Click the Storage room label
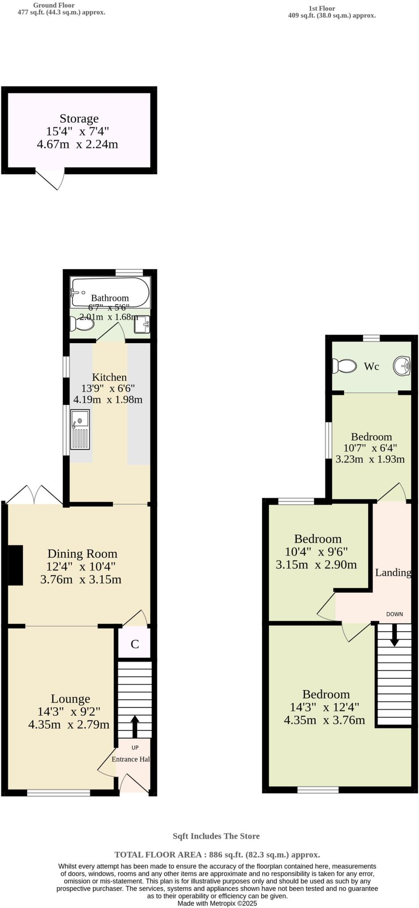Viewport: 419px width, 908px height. pyautogui.click(x=79, y=119)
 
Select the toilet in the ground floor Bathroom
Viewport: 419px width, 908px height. pyautogui.click(x=82, y=325)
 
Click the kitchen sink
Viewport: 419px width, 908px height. pyautogui.click(x=80, y=429)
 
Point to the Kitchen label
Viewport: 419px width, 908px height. pyautogui.click(x=109, y=377)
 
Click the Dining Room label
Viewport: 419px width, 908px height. pyautogui.click(x=82, y=554)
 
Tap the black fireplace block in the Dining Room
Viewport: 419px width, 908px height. pyautogui.click(x=16, y=565)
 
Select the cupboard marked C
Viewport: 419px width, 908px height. pyautogui.click(x=135, y=644)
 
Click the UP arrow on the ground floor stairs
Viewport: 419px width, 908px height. pyautogui.click(x=135, y=726)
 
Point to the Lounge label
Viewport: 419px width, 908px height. pyautogui.click(x=70, y=699)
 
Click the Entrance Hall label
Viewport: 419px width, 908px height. pyautogui.click(x=131, y=759)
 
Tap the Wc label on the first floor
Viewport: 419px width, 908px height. pyautogui.click(x=371, y=367)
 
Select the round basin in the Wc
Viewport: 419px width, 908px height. pyautogui.click(x=402, y=366)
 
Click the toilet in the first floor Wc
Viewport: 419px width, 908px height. pyautogui.click(x=345, y=366)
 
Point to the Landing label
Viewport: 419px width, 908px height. pyautogui.click(x=393, y=572)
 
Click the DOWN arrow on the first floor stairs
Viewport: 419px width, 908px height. pyautogui.click(x=394, y=637)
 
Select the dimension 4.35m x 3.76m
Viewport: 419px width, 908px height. pyautogui.click(x=324, y=720)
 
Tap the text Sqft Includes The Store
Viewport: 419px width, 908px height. pyautogui.click(x=216, y=836)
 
